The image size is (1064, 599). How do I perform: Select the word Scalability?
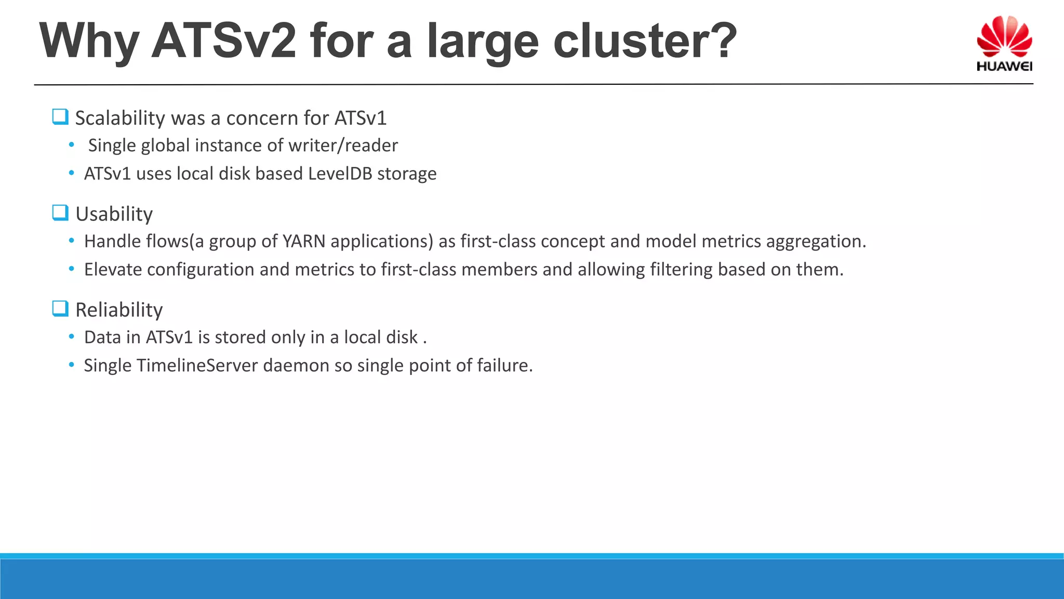click(120, 119)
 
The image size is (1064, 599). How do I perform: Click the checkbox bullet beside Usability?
click(60, 213)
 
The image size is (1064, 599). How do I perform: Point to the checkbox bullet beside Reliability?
click(60, 309)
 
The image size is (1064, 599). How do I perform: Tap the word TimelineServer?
click(197, 366)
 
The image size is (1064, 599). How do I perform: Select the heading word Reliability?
click(119, 310)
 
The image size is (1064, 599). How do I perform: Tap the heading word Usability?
click(114, 214)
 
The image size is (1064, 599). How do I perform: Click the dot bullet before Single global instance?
click(72, 145)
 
